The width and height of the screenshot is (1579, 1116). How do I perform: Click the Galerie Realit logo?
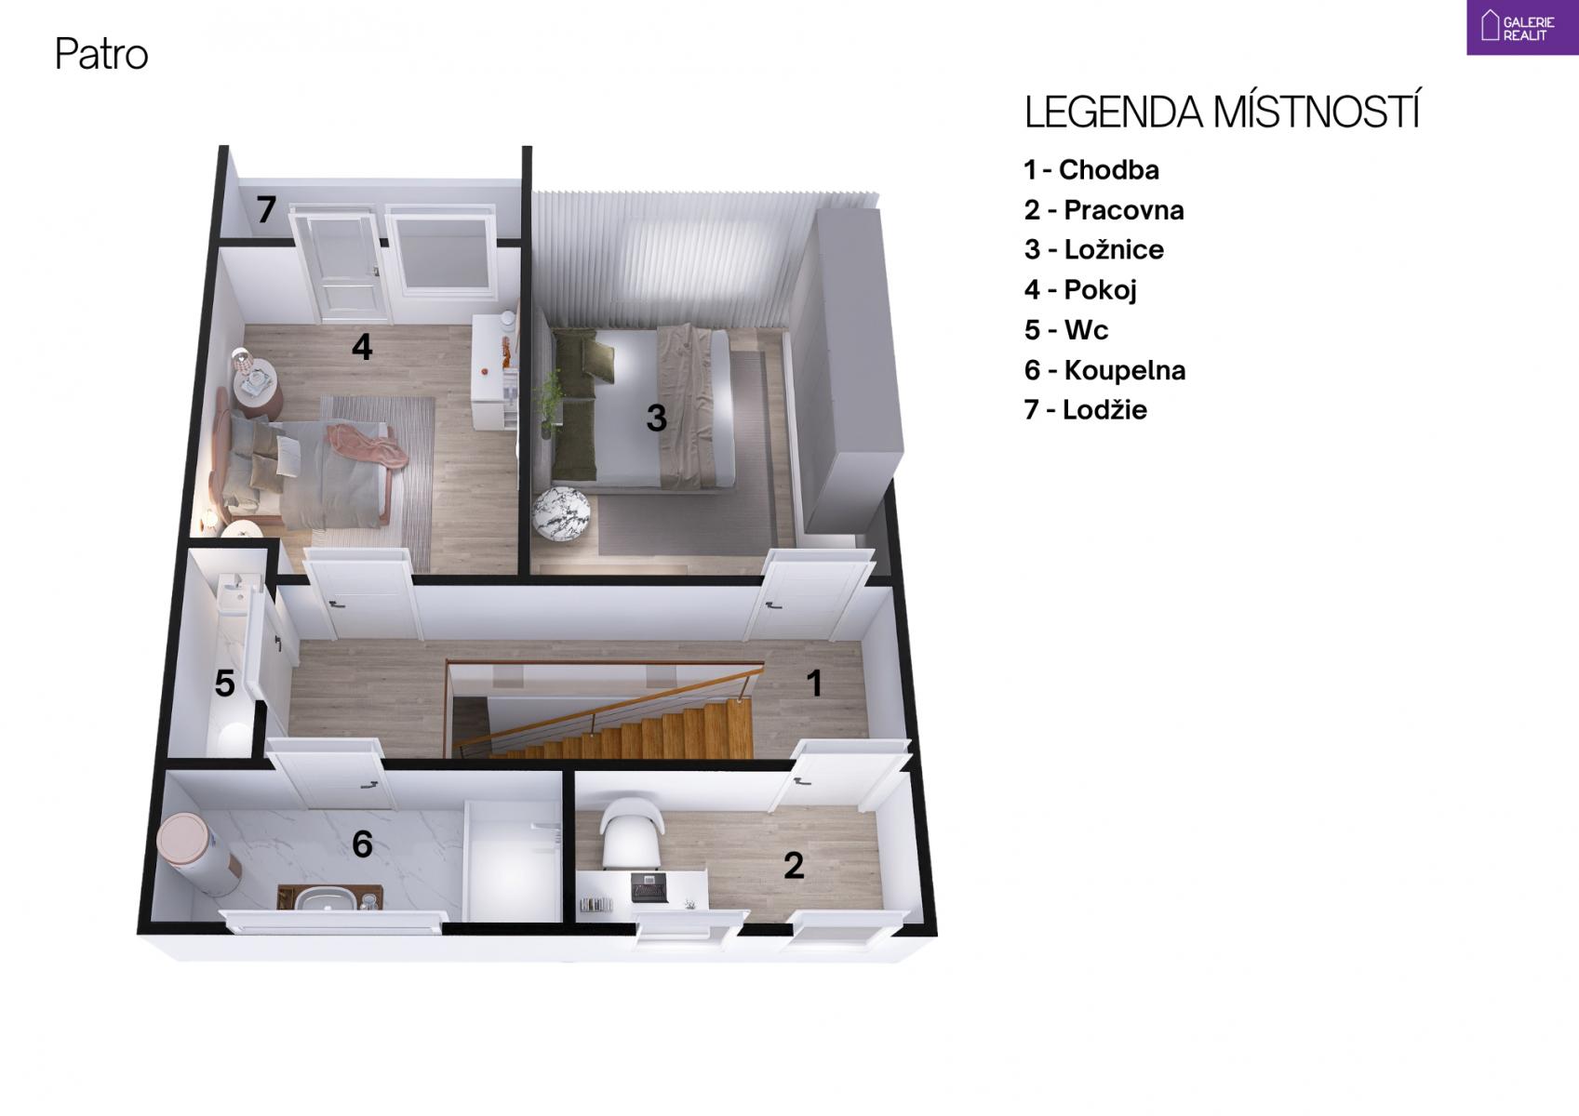pyautogui.click(x=1522, y=27)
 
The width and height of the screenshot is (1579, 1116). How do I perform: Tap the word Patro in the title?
pyautogui.click(x=101, y=54)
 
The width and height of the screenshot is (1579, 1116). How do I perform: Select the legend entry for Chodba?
pyautogui.click(x=1091, y=170)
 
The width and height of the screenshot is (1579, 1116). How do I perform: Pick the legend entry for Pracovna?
pyautogui.click(x=1104, y=210)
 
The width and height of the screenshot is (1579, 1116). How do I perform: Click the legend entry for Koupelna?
pyautogui.click(x=1104, y=370)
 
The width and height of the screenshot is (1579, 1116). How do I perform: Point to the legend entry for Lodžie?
pyautogui.click(x=1086, y=409)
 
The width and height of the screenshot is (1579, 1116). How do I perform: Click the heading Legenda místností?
pyautogui.click(x=1223, y=112)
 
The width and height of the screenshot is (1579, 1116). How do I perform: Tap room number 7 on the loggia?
pyautogui.click(x=266, y=209)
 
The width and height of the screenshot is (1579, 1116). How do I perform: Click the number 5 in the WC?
pyautogui.click(x=224, y=683)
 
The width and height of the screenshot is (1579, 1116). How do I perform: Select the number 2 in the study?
pyautogui.click(x=794, y=866)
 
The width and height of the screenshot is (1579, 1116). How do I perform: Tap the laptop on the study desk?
pyautogui.click(x=649, y=887)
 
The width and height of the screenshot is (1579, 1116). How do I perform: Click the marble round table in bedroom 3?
pyautogui.click(x=560, y=516)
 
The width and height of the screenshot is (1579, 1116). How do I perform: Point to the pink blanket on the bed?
pyautogui.click(x=367, y=446)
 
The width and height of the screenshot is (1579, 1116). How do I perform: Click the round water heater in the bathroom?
pyautogui.click(x=199, y=853)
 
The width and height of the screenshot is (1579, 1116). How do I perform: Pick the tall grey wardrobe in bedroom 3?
pyautogui.click(x=846, y=370)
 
